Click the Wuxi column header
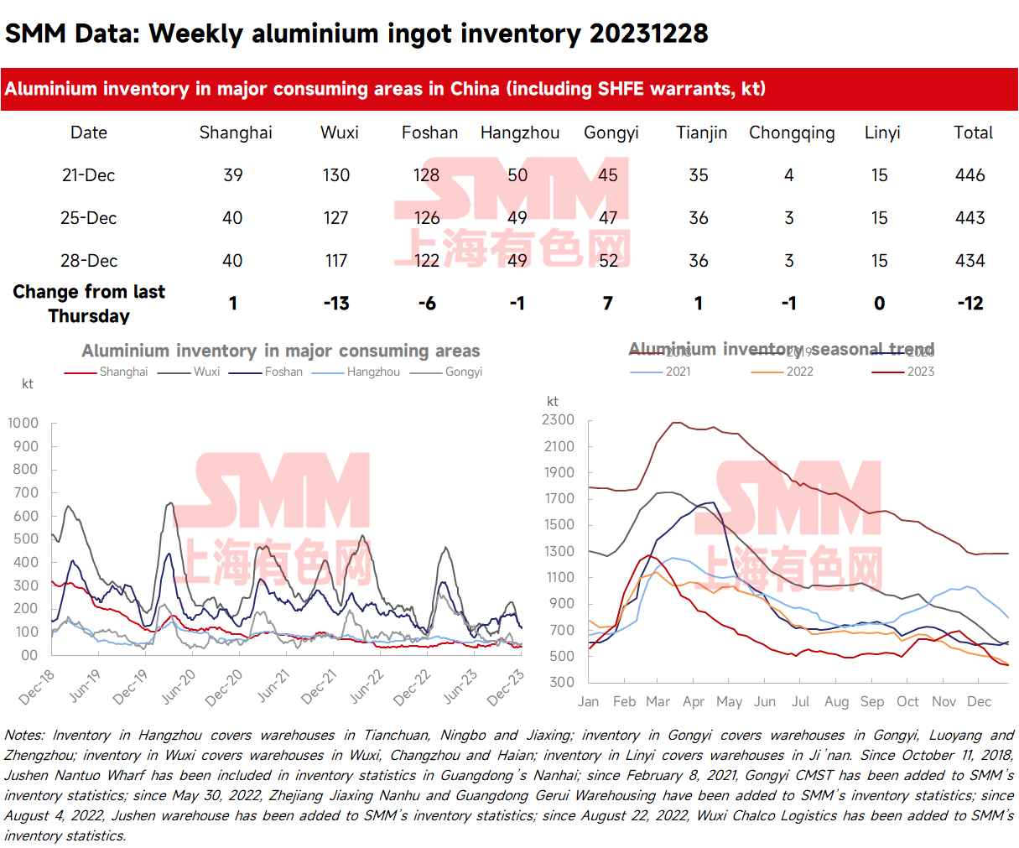point(340,133)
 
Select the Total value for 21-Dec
point(970,175)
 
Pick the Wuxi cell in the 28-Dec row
point(336,261)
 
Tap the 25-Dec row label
point(88,218)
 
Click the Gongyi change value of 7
point(608,304)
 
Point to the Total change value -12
point(970,304)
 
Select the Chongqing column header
point(792,133)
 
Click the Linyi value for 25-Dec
point(879,218)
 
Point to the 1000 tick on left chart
point(23,423)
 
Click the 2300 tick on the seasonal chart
point(559,419)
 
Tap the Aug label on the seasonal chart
point(836,701)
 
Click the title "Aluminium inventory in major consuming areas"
point(280,351)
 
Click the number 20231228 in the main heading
point(648,34)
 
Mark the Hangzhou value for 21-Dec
point(517,175)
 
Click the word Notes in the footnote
point(23,736)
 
